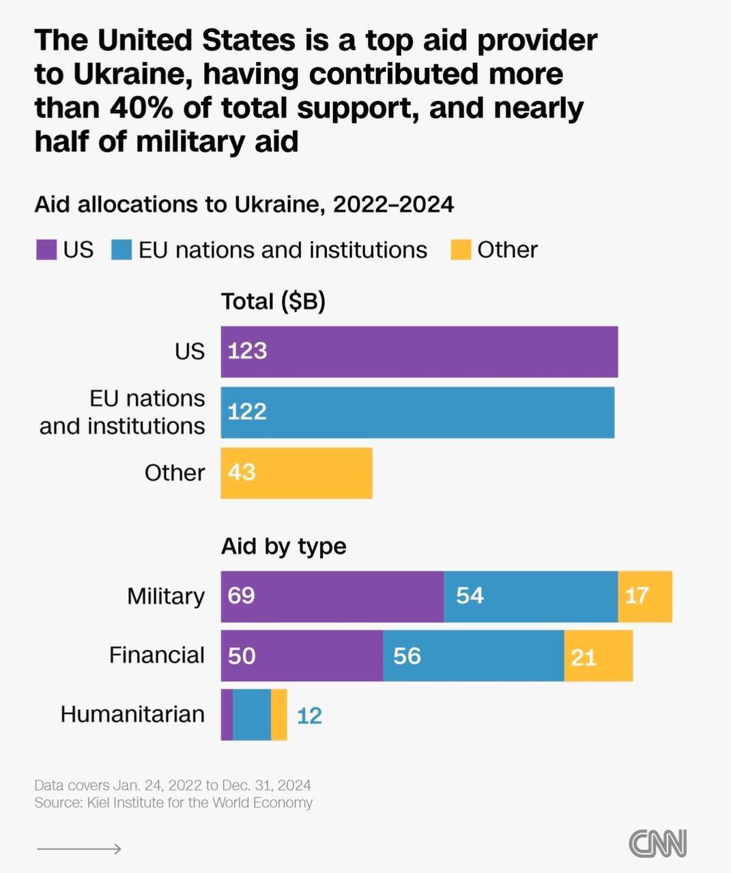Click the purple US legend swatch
46,250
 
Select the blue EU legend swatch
121,250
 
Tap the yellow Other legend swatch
461,250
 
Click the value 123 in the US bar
247,351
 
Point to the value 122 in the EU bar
247,412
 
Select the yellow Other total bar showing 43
296,473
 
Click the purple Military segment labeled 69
332,596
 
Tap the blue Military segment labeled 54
530,596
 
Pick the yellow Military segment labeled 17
644,596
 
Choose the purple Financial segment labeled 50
301,656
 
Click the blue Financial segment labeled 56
473,656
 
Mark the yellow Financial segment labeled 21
598,656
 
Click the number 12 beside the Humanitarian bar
309,715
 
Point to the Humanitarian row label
132,714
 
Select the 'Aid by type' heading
283,546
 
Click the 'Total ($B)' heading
273,301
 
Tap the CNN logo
657,844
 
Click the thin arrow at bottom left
78,848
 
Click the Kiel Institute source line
173,803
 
